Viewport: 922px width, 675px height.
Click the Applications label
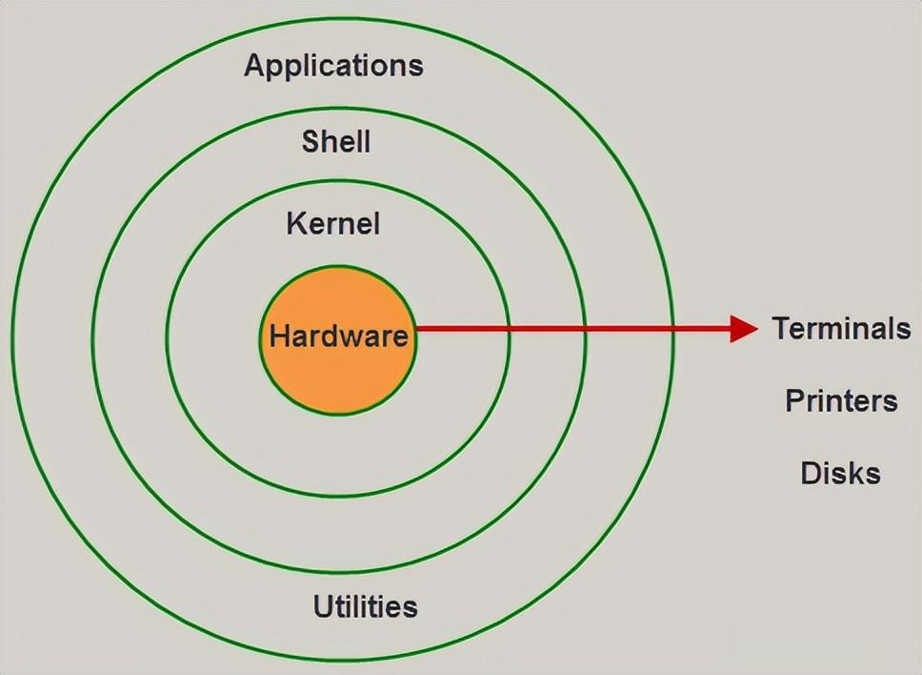pyautogui.click(x=333, y=66)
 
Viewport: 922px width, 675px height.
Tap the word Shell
pyautogui.click(x=335, y=142)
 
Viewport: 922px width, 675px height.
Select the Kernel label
pyautogui.click(x=332, y=224)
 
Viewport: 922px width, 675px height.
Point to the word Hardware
pyautogui.click(x=338, y=336)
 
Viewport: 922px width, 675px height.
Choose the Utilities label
pyautogui.click(x=365, y=606)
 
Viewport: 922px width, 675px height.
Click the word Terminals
pyautogui.click(x=841, y=329)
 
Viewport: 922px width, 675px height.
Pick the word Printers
pyautogui.click(x=841, y=400)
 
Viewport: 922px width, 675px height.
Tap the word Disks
pyautogui.click(x=840, y=473)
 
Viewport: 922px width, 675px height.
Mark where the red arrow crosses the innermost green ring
pyautogui.click(x=507, y=329)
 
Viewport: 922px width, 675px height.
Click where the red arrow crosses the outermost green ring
pyautogui.click(x=672, y=329)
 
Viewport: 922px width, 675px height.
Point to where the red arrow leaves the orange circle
pyautogui.click(x=416, y=329)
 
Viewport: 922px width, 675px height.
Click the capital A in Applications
pyautogui.click(x=255, y=66)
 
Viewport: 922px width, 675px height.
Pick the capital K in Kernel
pyautogui.click(x=295, y=224)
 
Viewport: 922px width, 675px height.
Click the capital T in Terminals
pyautogui.click(x=781, y=329)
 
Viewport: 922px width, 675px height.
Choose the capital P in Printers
pyautogui.click(x=794, y=400)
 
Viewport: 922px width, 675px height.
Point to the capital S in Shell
pyautogui.click(x=311, y=142)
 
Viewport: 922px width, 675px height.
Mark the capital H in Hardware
pyautogui.click(x=279, y=336)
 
